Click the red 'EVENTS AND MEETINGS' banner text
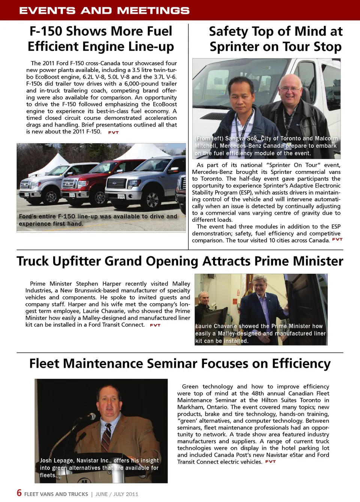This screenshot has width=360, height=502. (104, 10)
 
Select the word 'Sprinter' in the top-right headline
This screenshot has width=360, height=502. (238, 47)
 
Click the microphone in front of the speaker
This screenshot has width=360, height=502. (90, 416)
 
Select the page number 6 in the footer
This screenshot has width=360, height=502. (19, 493)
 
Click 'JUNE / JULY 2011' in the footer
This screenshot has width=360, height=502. (117, 494)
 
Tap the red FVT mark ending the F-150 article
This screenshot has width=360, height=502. (113, 132)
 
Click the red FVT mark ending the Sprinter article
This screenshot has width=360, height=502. (337, 239)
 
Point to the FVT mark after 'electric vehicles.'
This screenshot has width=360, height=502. (270, 462)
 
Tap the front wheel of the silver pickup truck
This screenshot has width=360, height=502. (152, 200)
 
